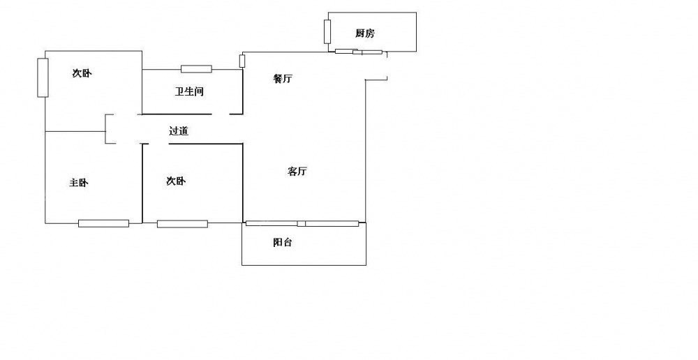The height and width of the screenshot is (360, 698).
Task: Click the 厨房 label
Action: pos(364,33)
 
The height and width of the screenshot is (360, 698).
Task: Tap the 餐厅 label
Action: pos(282,79)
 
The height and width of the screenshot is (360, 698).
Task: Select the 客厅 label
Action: pos(297,172)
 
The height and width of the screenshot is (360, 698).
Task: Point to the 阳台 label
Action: pos(282,243)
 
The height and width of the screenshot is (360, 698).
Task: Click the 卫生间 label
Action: pos(188,91)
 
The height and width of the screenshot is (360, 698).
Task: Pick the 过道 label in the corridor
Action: pos(179,130)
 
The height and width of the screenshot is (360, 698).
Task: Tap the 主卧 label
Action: pos(79,183)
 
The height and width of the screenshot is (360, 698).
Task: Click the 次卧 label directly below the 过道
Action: pos(176,181)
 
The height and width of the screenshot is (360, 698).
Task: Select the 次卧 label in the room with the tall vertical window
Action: pos(82,73)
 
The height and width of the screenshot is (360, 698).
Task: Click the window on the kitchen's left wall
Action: pos(327,31)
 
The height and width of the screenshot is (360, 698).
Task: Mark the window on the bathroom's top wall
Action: pos(196,68)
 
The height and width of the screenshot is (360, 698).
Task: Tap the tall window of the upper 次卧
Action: pos(43,77)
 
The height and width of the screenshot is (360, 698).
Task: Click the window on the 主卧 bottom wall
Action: pos(103,223)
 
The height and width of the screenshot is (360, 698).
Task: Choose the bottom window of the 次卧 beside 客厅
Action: pos(182,224)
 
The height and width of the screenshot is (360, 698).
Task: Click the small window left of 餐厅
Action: pos(242,61)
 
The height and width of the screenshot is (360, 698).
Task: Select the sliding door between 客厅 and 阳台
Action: pos(302,223)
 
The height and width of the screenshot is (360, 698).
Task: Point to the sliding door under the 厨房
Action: pos(358,52)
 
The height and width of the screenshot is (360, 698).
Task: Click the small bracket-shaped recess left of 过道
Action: pos(110,130)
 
